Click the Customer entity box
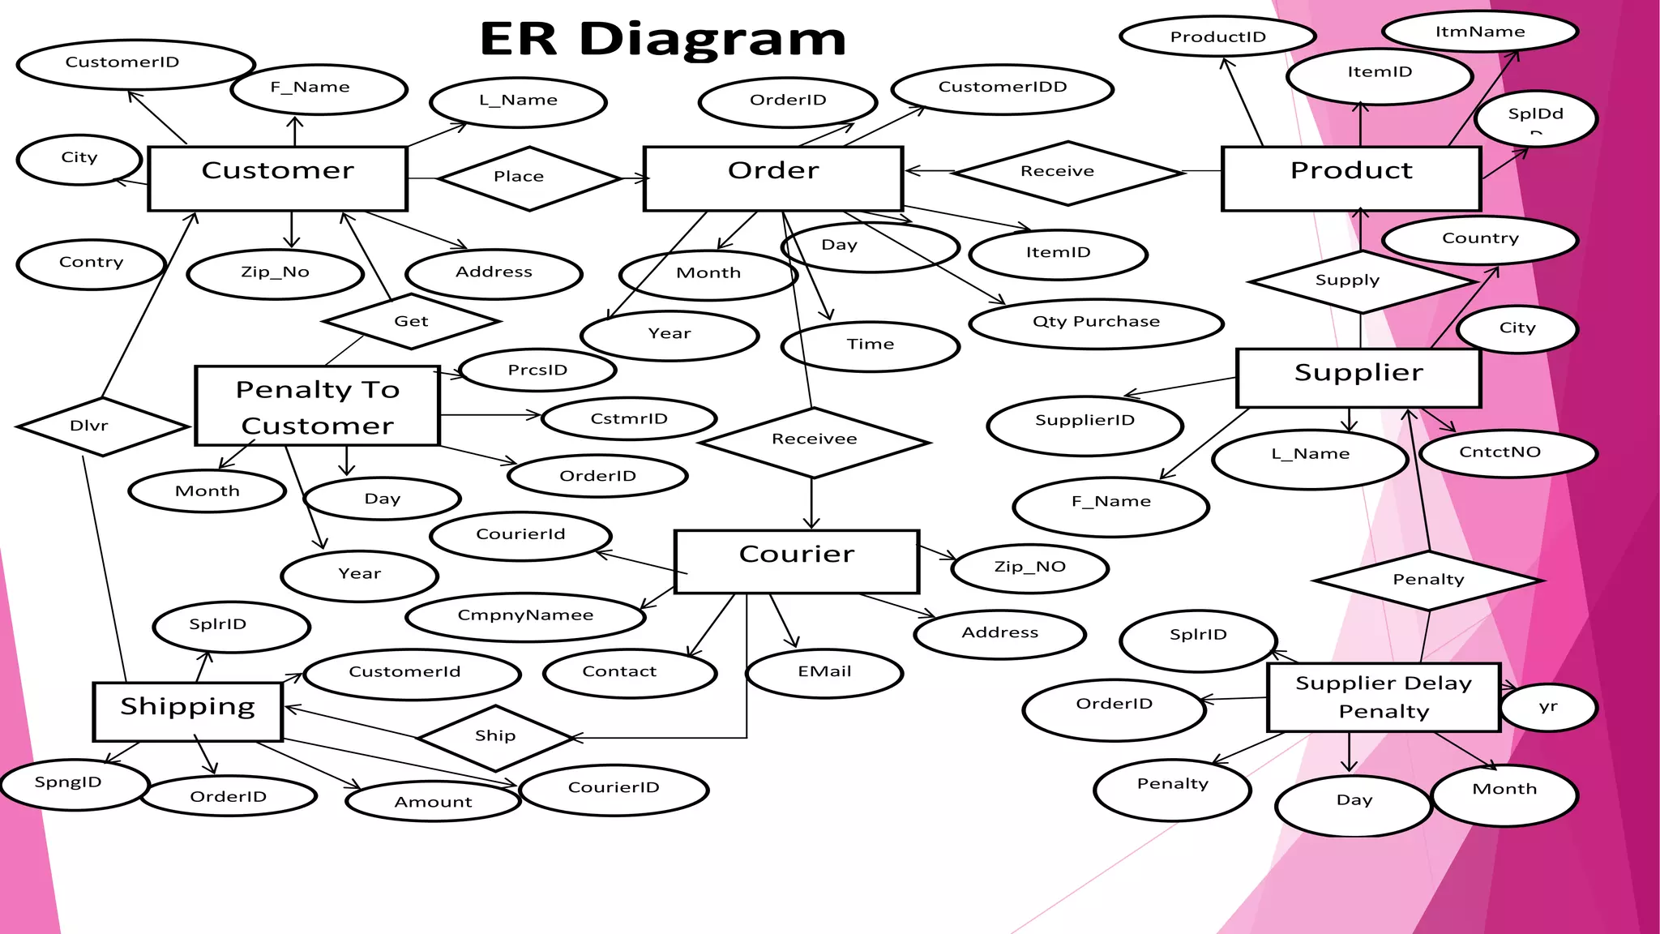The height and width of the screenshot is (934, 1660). pos(277,178)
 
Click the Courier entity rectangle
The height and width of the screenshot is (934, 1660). pos(796,562)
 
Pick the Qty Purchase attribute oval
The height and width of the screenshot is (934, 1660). pos(1095,323)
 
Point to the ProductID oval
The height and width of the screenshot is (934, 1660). pos(1217,36)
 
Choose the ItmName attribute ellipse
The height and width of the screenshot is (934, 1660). pos(1479,32)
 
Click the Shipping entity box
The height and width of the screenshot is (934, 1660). pos(187,711)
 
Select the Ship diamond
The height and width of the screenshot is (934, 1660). pos(495,737)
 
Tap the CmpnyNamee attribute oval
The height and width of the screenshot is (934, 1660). pos(525,616)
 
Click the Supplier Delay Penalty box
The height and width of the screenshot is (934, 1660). pos(1383,697)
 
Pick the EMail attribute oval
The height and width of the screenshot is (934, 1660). pos(824,672)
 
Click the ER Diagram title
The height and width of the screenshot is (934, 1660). pos(662,39)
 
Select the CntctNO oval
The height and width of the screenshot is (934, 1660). pos(1507,452)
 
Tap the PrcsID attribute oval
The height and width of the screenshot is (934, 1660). pos(537,371)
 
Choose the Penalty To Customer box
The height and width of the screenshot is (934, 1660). pos(317,405)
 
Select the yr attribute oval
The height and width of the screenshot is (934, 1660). pos(1547,707)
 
